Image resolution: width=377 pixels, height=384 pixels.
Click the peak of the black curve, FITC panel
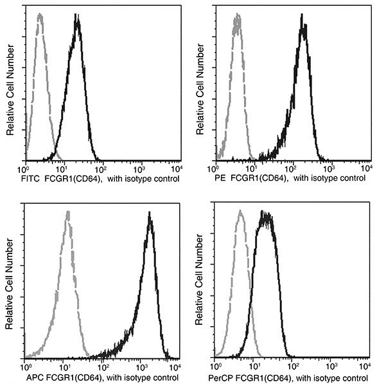tap(77, 18)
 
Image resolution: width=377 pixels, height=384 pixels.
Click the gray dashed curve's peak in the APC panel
tap(67, 214)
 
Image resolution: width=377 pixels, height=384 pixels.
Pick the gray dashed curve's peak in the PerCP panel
tap(240, 212)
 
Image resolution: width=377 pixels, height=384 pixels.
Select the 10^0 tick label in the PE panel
tap(216, 167)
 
